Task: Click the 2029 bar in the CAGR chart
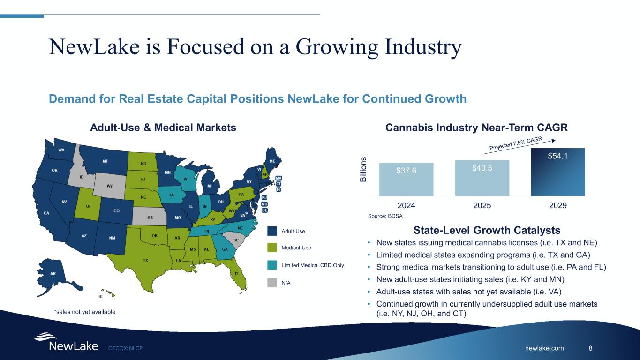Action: tap(558, 172)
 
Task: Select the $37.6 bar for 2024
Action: tap(406, 179)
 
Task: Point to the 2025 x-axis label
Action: tap(482, 205)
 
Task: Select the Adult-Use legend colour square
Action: tap(273, 231)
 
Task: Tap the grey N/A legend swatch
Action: tap(273, 283)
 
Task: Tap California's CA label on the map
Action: tap(46, 213)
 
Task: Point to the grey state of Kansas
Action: tap(150, 217)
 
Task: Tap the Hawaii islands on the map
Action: tap(109, 293)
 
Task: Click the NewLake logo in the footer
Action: tap(66, 342)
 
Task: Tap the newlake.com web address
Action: tap(544, 348)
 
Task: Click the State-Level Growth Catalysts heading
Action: tap(487, 231)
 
